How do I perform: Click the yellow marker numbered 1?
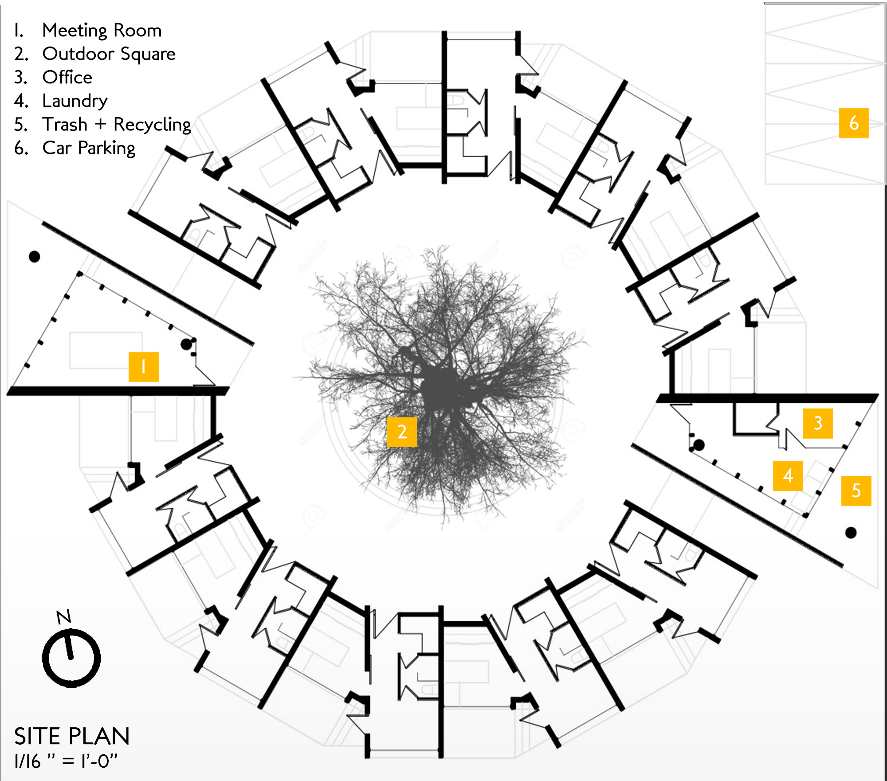point(143,367)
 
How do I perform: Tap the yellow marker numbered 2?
point(402,432)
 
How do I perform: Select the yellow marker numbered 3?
point(817,423)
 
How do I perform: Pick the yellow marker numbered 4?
point(788,475)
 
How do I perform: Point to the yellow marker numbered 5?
point(856,491)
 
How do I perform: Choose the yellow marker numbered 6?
point(854,123)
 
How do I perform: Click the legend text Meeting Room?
point(102,30)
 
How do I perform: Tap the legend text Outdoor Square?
point(109,54)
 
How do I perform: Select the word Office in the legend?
point(67,77)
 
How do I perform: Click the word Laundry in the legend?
point(75,101)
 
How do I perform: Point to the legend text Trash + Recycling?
point(117,125)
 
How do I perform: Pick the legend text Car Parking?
point(89,148)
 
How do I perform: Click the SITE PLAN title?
point(72,736)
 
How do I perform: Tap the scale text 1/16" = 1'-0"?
point(66,761)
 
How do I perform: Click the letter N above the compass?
point(64,617)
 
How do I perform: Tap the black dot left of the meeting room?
point(34,256)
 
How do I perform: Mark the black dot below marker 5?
point(851,533)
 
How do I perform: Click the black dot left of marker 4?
point(699,445)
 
